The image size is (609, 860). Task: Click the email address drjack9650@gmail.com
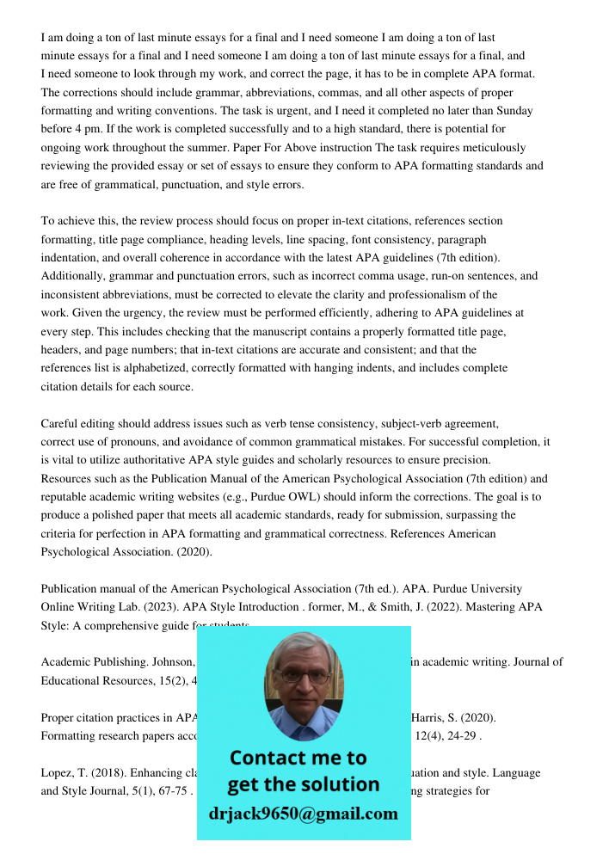point(304,814)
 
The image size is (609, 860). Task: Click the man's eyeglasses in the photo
point(303,676)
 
